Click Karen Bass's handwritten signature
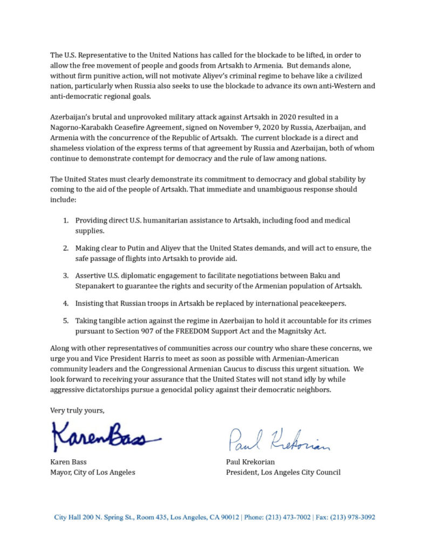coord(105,437)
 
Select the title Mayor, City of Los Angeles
coord(93,472)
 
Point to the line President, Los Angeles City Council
coord(283,472)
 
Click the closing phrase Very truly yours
coord(77,410)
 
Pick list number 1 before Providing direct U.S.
coord(65,220)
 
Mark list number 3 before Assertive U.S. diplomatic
coord(65,275)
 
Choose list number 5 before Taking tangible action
coord(65,321)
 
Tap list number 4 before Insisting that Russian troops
coord(65,298)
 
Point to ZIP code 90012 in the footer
coord(229,517)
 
